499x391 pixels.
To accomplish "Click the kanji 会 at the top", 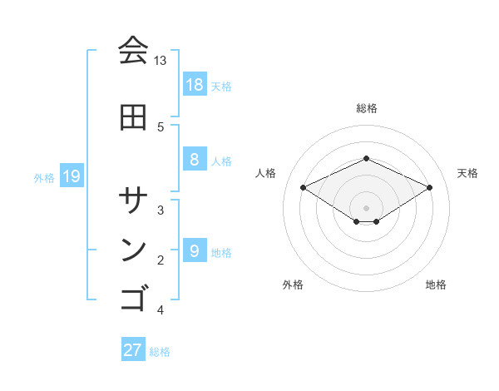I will (x=133, y=51).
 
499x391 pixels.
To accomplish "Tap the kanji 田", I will (x=133, y=117).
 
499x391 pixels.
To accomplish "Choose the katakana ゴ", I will (x=133, y=298).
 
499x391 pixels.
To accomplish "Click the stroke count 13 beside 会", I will (x=161, y=61).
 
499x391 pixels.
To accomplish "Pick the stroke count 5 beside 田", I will (x=161, y=126).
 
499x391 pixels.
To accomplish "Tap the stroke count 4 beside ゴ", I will (x=161, y=310).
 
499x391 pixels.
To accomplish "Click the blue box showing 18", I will (x=194, y=85).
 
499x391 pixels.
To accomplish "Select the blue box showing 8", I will (x=194, y=160).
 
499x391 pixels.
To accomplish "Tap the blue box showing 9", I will (x=194, y=251).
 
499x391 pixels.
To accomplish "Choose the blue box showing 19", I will (x=71, y=176).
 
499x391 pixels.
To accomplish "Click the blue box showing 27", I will (x=133, y=350).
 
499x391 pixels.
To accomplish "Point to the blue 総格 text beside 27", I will (x=160, y=352).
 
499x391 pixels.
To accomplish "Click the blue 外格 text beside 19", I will (x=44, y=177).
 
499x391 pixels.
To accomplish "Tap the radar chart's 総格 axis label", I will (x=366, y=108).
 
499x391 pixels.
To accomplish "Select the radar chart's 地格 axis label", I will (x=436, y=285).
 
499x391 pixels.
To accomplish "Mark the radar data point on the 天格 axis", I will (x=429, y=187).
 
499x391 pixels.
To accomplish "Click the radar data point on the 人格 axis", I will (x=303, y=187).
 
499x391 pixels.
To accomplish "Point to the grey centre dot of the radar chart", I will (x=366, y=207).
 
